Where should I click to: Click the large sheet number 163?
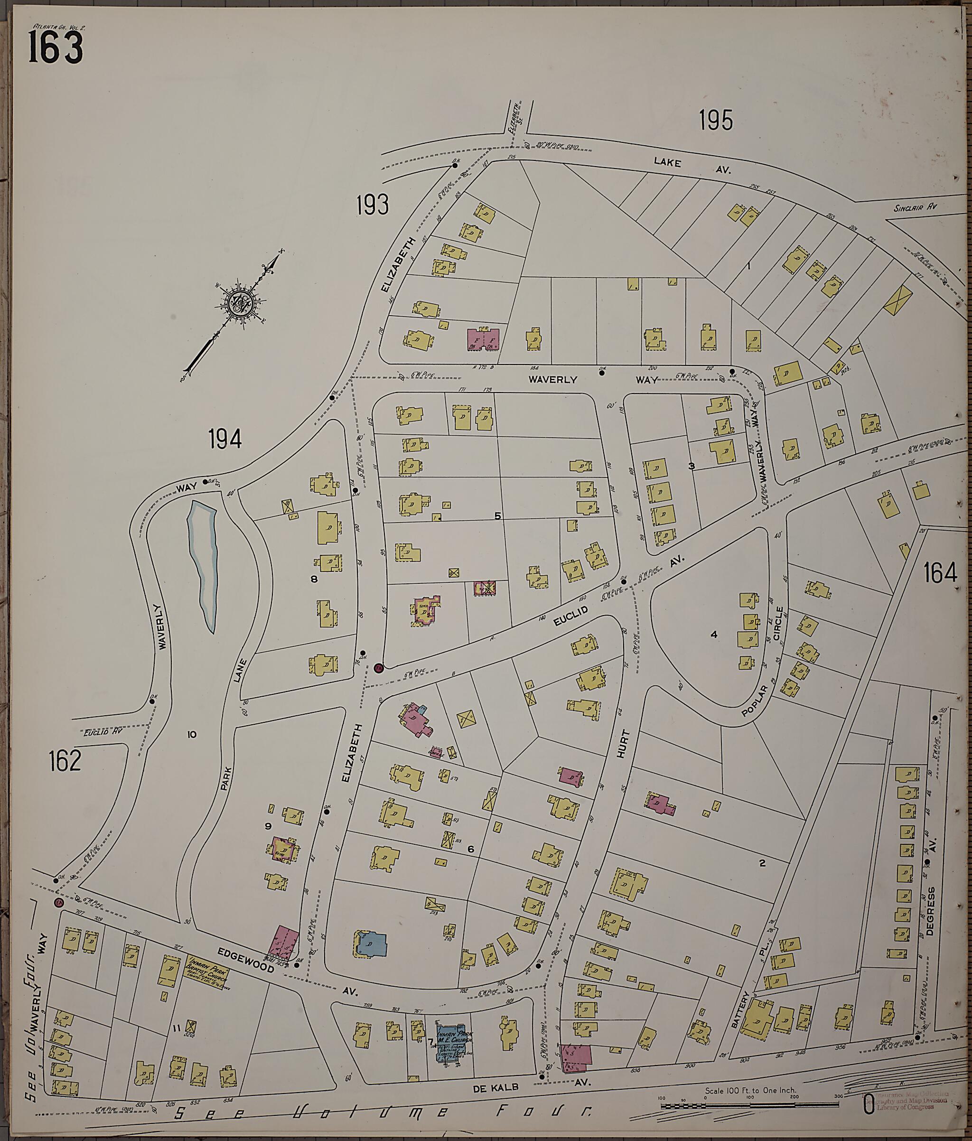point(55,47)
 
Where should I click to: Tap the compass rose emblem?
point(241,302)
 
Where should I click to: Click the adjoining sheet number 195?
point(716,120)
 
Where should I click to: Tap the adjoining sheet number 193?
point(372,206)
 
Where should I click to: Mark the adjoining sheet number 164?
point(940,574)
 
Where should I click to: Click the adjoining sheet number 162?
point(65,760)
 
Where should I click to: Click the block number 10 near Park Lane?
point(192,734)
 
